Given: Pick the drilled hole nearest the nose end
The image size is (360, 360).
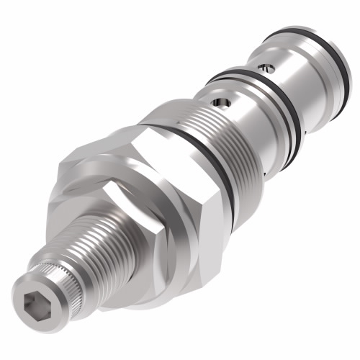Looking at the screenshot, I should pos(268,68).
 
